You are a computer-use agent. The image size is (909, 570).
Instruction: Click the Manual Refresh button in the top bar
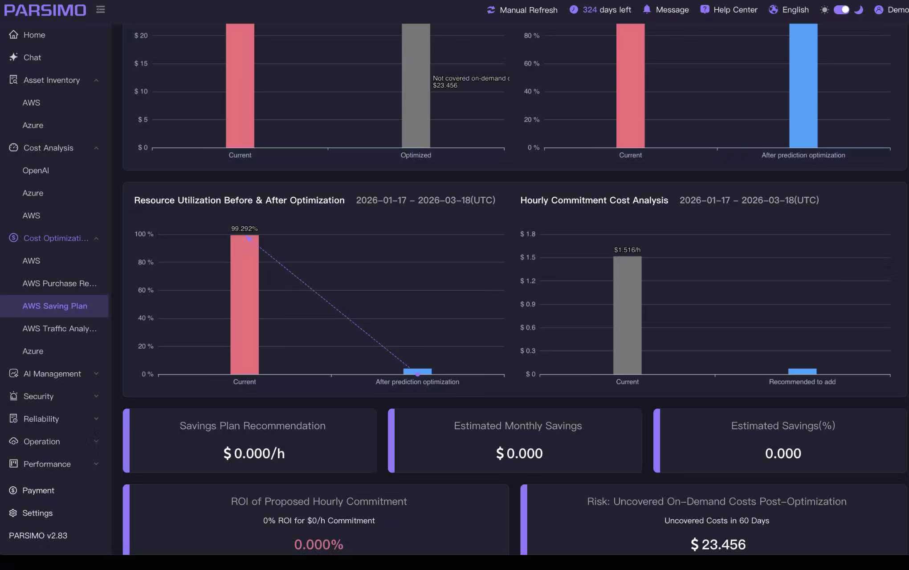pos(522,10)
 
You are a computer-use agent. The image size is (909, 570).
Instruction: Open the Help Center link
pos(729,10)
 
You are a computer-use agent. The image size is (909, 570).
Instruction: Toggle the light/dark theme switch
pos(841,10)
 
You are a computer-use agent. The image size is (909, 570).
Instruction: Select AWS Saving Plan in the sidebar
pos(55,306)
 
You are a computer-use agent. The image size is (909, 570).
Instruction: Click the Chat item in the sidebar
pos(32,57)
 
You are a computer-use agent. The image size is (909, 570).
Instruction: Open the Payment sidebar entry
pos(38,490)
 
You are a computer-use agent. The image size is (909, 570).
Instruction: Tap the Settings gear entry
pos(37,513)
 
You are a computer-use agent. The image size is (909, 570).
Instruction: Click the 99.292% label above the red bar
pos(244,228)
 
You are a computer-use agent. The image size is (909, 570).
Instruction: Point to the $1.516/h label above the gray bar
pos(627,250)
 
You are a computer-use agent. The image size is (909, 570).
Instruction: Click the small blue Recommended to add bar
pos(802,371)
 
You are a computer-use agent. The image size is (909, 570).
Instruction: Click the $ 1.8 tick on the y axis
pos(528,234)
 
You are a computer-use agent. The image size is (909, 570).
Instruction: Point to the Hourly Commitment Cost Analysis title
pos(594,200)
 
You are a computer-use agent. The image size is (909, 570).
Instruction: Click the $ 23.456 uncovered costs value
pos(718,544)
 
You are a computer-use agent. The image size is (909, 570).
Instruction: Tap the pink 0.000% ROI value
pos(318,544)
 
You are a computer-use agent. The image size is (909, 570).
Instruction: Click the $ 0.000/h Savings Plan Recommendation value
pos(254,453)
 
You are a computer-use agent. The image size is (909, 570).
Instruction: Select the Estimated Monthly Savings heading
pos(518,426)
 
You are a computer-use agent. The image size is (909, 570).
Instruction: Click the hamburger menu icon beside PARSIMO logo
pos(101,9)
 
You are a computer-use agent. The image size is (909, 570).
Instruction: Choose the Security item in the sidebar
pos(38,396)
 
